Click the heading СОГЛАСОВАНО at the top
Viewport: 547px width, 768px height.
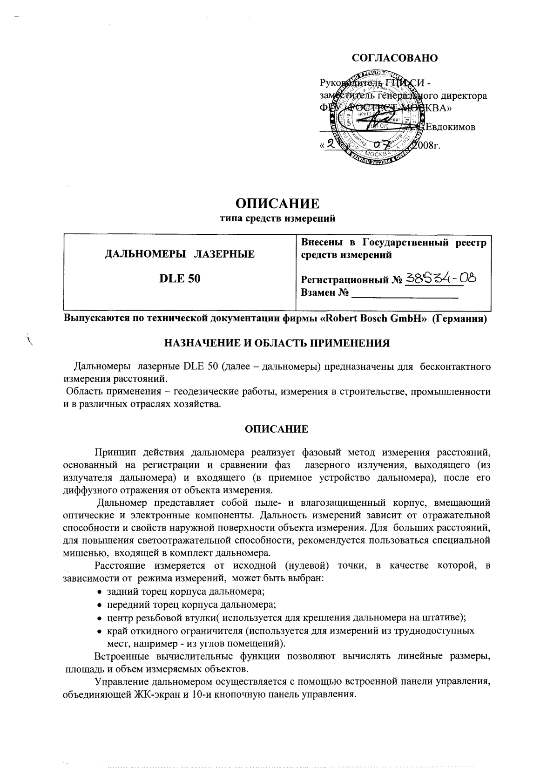tap(395, 58)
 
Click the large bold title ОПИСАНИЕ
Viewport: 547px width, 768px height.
tap(277, 204)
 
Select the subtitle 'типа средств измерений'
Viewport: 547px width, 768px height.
tap(277, 217)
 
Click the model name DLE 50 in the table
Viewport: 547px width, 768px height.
tap(180, 279)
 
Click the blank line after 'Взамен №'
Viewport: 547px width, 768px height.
tap(405, 294)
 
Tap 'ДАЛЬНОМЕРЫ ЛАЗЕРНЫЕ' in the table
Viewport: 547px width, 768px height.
tap(180, 254)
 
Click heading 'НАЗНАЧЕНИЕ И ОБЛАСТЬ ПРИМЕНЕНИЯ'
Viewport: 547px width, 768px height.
tap(277, 344)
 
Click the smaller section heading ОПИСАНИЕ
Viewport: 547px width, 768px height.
tap(277, 429)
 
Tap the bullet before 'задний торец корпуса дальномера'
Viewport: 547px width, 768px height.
tap(100, 592)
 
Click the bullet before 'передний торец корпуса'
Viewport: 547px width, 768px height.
tap(100, 605)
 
